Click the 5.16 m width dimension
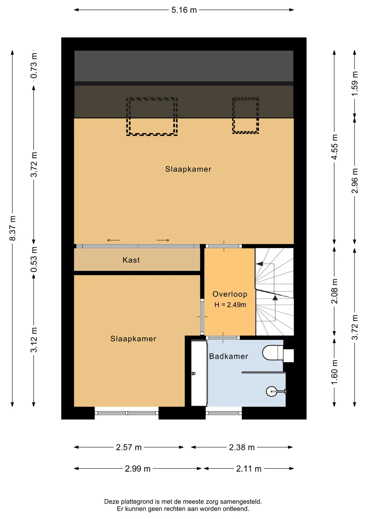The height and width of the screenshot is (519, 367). point(184,10)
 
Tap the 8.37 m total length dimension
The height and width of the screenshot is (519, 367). point(12,228)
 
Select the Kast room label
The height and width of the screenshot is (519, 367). point(131,260)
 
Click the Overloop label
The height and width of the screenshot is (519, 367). point(230,294)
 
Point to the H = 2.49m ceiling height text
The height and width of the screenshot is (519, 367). point(230,305)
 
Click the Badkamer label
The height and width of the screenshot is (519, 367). point(228,356)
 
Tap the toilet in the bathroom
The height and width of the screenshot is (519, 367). point(278,353)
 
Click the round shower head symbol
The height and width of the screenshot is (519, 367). point(272,391)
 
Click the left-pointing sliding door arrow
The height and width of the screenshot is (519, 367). point(113,240)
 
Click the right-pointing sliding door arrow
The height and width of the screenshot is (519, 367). point(163,240)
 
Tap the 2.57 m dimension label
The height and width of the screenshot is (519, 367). point(129,447)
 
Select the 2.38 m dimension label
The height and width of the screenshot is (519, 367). point(242,447)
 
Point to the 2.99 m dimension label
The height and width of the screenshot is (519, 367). point(138,469)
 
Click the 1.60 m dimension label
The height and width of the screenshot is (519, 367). point(334,372)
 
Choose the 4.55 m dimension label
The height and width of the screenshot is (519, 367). point(334,147)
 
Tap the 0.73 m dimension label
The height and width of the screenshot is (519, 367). point(34,66)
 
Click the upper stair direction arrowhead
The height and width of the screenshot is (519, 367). point(259,264)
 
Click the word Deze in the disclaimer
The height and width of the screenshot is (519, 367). point(112,502)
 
